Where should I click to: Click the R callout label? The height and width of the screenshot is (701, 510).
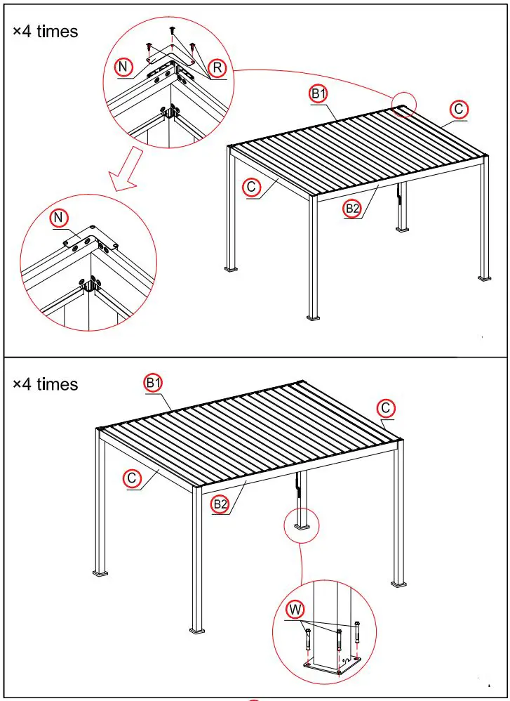[x=217, y=67]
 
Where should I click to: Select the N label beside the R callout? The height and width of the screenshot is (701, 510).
[x=123, y=67]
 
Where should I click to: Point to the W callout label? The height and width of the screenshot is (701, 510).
[x=295, y=608]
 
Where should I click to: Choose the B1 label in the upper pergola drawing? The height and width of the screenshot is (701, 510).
[x=319, y=92]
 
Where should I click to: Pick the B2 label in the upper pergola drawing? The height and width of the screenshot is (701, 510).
[x=352, y=208]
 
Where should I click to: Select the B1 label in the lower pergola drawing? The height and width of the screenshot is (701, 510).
[x=154, y=383]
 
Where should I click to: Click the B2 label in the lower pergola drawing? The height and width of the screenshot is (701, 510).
[x=220, y=503]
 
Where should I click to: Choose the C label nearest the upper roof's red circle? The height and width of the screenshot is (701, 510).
[x=458, y=109]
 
